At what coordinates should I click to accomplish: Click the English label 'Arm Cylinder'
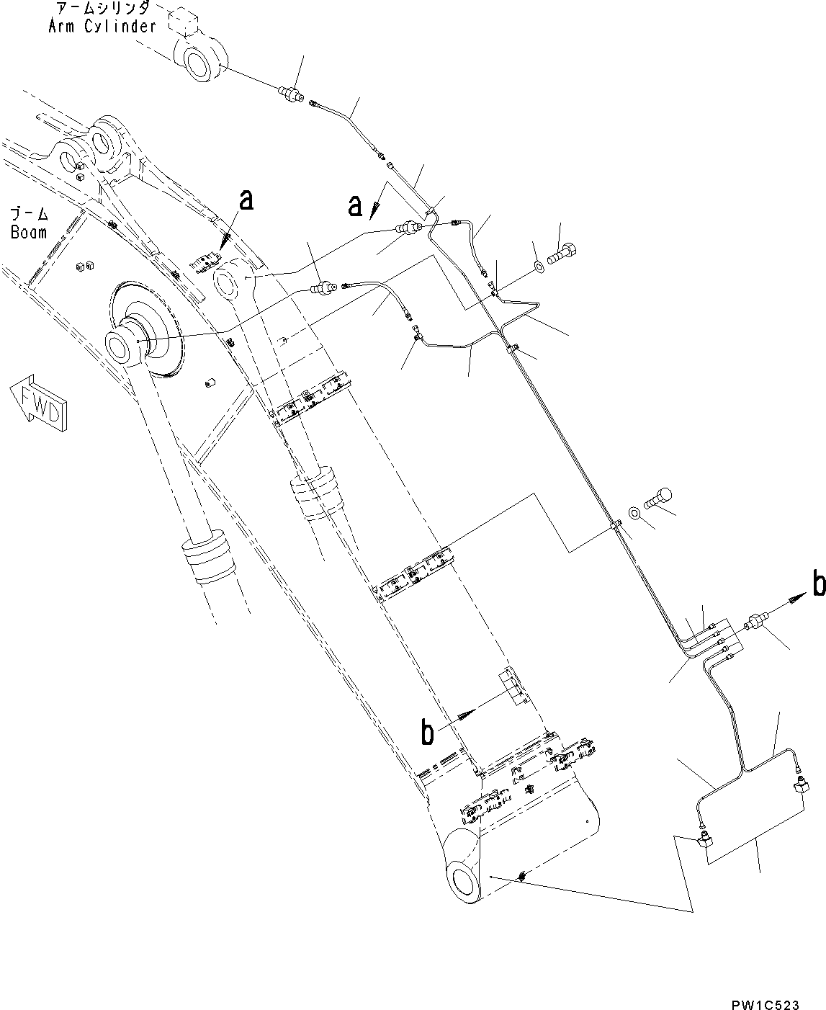(102, 26)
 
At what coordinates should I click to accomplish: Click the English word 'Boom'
(28, 232)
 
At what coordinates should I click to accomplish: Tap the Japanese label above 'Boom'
(28, 215)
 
